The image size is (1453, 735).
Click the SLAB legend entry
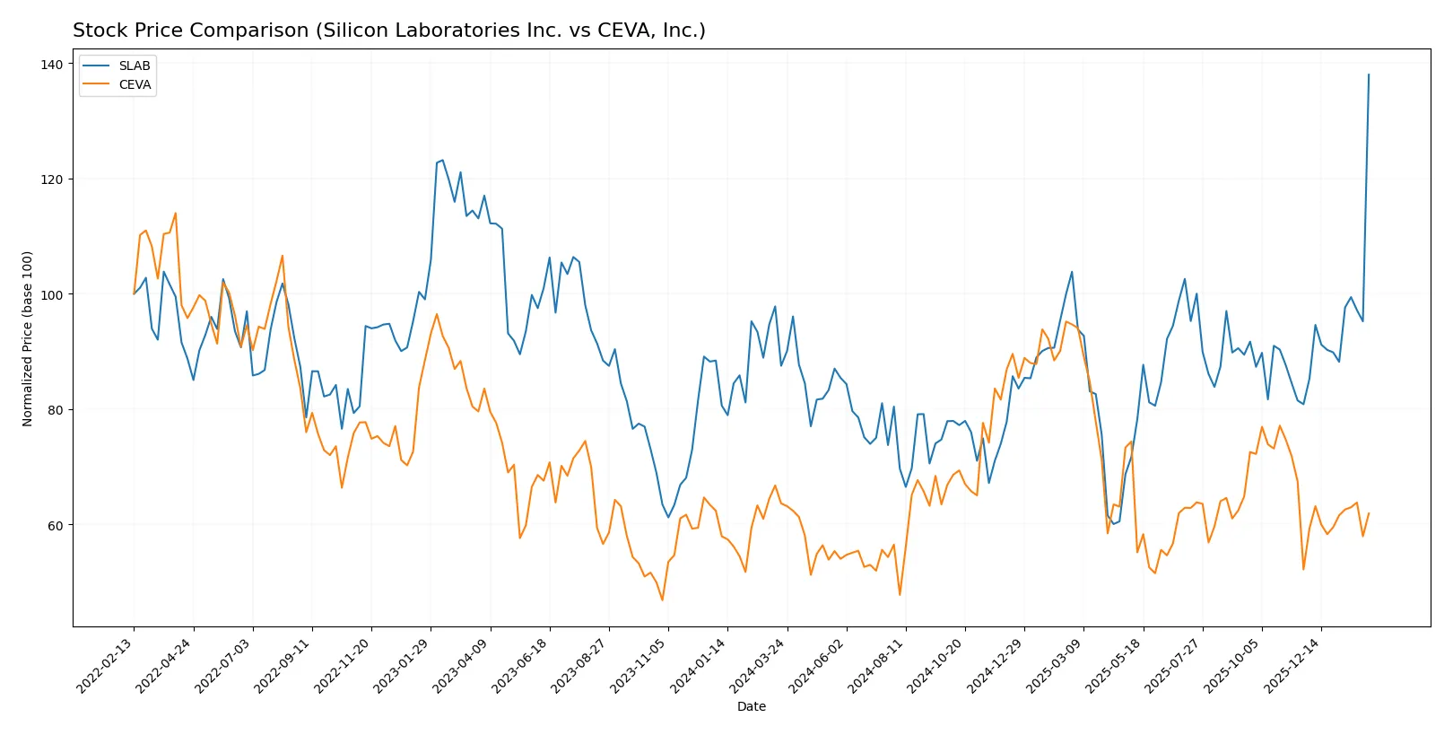134,66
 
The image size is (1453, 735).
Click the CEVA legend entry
135,84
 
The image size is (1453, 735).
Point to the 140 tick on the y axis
51,65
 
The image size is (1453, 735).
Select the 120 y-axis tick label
51,179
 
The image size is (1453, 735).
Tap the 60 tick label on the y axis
55,525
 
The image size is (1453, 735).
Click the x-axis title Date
751,706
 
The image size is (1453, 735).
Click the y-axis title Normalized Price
28,338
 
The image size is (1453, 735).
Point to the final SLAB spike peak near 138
1369,74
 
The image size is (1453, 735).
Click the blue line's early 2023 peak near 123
442,161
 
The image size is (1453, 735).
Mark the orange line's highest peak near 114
175,214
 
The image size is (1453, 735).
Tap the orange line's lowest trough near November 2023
663,599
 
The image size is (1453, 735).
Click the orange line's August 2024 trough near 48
900,594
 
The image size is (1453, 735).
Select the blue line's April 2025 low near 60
1113,524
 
